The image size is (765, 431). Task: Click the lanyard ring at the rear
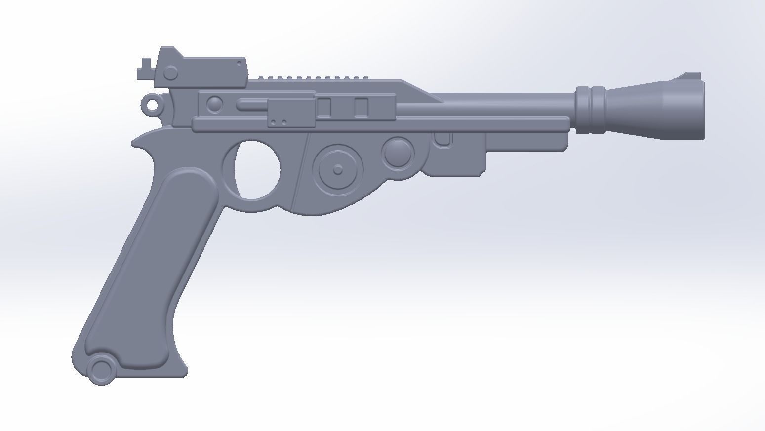[x=152, y=105]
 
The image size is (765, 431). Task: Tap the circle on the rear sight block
[x=170, y=74]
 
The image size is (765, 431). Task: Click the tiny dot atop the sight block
[x=240, y=63]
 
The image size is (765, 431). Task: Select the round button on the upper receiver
[x=214, y=104]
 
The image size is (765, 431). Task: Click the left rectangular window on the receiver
[x=324, y=107]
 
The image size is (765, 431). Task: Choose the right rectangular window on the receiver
[x=362, y=107]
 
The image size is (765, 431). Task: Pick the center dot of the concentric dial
[x=338, y=170]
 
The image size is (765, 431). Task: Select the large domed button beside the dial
[x=398, y=152]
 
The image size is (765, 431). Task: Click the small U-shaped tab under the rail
[x=443, y=140]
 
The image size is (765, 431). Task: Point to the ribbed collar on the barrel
[x=590, y=110]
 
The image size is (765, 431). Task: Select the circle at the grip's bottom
[x=102, y=369]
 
